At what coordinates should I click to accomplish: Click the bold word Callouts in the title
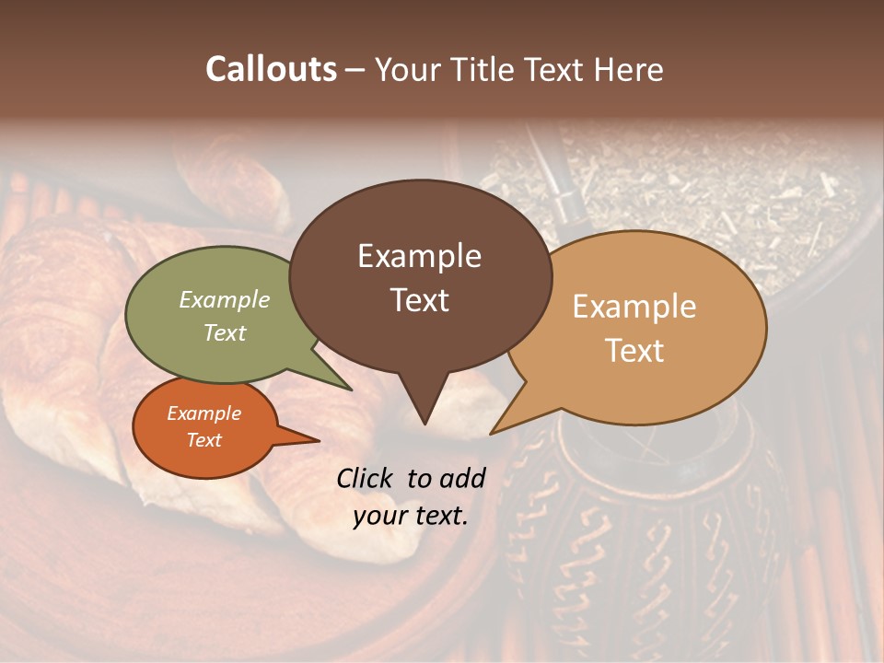tap(271, 69)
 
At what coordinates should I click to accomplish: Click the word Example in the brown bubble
tap(419, 256)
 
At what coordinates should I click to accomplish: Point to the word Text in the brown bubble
tap(419, 299)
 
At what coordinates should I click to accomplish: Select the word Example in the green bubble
tap(224, 299)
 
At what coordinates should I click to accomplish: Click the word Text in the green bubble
tap(224, 332)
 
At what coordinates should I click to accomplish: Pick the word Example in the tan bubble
tap(634, 307)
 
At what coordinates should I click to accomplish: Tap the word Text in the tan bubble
tap(634, 350)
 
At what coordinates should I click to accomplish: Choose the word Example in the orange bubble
tap(204, 413)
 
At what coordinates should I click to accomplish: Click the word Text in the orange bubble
tap(204, 440)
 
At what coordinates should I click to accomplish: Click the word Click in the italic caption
tap(366, 478)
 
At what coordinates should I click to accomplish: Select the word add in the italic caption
tap(462, 478)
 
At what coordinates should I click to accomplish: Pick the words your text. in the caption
tap(411, 516)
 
